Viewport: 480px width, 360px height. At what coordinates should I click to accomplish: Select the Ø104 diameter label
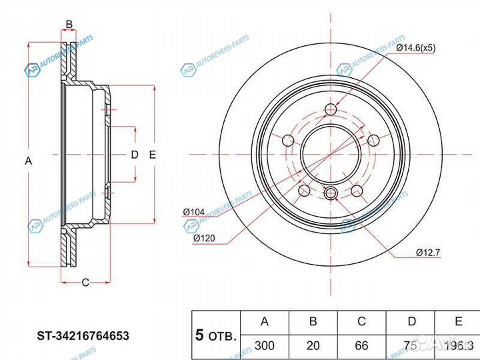[194, 212]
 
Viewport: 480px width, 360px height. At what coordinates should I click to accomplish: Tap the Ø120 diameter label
[203, 238]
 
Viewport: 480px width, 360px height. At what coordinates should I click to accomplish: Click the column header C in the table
[361, 322]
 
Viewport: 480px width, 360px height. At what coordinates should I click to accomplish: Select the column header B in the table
[313, 322]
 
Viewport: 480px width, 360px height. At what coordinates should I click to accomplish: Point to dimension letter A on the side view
[28, 160]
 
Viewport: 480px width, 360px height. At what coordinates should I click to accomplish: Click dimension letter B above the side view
[69, 25]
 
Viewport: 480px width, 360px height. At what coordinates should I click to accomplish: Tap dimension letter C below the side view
[85, 282]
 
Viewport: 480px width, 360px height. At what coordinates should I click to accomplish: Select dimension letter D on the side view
[134, 155]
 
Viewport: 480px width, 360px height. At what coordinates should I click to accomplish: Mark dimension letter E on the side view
[153, 155]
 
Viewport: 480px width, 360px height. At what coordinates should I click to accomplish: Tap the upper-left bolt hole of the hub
[288, 141]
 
